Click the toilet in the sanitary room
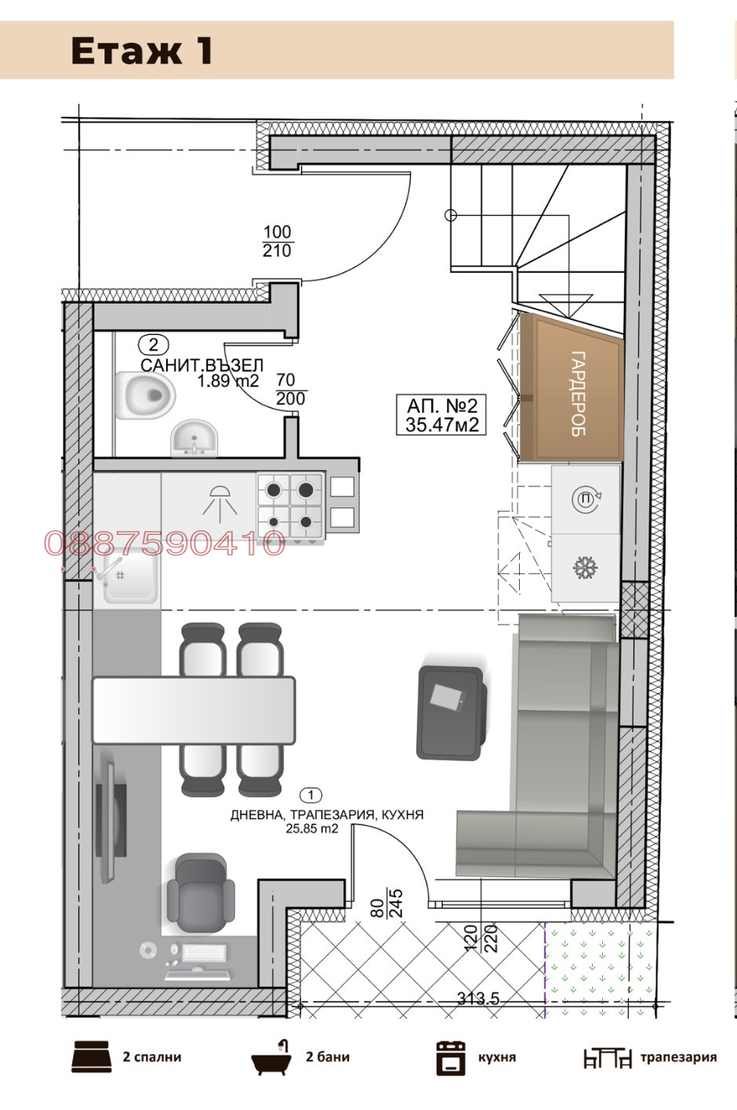point(146,395)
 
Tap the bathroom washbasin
point(194,438)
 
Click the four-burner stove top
point(290,506)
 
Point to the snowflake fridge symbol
point(586,567)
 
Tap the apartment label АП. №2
point(441,415)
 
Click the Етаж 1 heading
point(142,50)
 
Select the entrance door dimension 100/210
point(277,242)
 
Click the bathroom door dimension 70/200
point(290,390)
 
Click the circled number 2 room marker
point(154,344)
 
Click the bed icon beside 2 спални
point(91,1056)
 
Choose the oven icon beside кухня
point(451,1058)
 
